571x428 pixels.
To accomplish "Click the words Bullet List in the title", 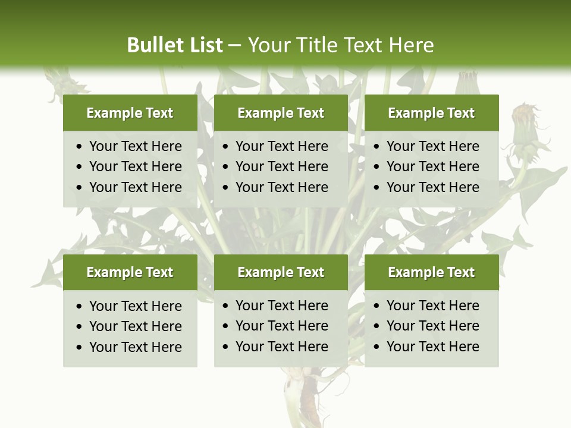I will tap(175, 45).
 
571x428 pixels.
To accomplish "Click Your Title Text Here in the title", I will tap(340, 45).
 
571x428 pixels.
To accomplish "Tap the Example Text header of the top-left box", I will tap(130, 113).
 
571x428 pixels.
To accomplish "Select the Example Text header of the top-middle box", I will tap(281, 113).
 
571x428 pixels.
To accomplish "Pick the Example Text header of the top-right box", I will tap(431, 113).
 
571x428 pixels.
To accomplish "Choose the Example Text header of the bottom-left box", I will tap(130, 272).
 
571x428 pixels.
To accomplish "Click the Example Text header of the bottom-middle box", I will tap(281, 272).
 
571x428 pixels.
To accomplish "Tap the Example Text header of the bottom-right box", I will tap(431, 272).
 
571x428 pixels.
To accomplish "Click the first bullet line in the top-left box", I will tap(135, 146).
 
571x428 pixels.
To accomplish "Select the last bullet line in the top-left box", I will tap(135, 187).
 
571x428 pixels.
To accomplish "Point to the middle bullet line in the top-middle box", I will tap(281, 166).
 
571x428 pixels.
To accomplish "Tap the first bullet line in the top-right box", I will tap(432, 146).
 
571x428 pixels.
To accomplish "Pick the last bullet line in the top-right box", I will tap(432, 187).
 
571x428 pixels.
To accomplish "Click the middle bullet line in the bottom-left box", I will tap(135, 326).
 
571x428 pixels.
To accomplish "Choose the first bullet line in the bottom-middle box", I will tap(281, 306).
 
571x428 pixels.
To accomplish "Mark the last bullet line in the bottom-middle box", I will tap(281, 347).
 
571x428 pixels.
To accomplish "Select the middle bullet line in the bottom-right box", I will tap(432, 326).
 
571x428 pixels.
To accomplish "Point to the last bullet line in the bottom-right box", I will tap(432, 347).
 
